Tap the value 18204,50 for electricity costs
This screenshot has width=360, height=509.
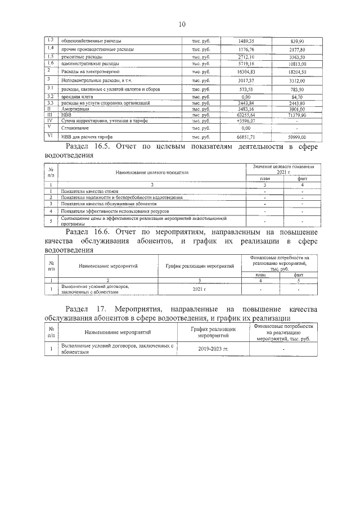point(296,72)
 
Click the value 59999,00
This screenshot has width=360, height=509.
point(296,137)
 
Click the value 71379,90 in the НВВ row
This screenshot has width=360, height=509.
point(296,115)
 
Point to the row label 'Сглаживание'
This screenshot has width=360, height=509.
point(75,128)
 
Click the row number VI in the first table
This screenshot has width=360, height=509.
point(49,136)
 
